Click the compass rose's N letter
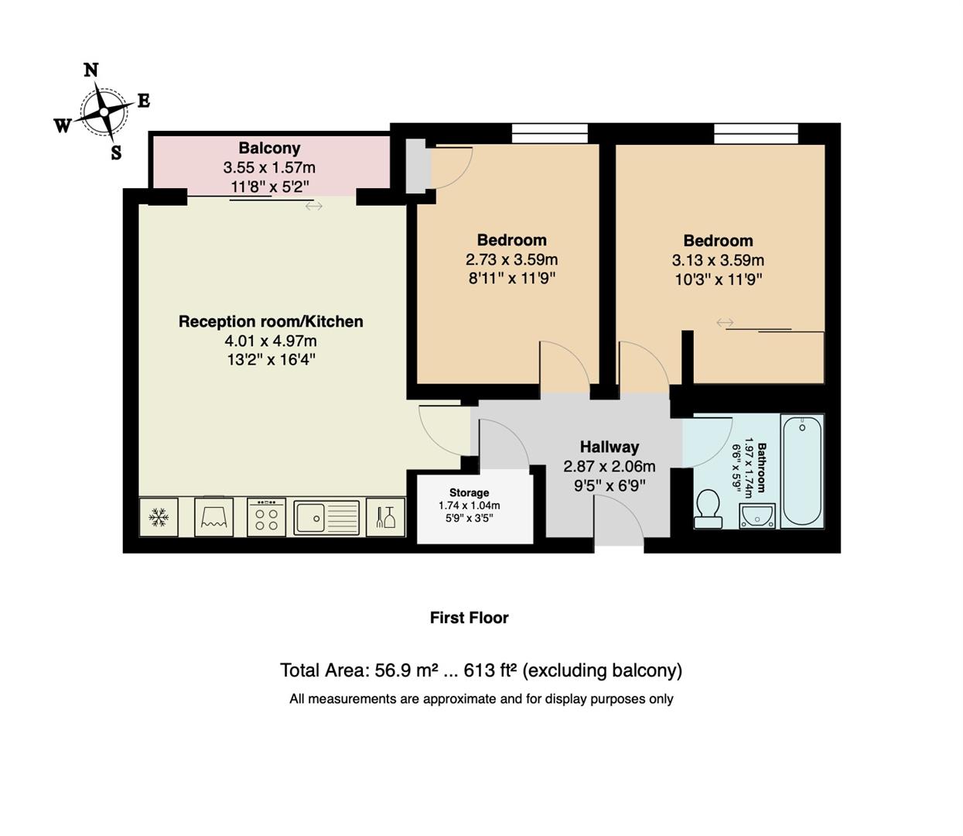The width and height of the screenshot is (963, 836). pyautogui.click(x=91, y=70)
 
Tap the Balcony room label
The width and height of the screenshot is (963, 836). pyautogui.click(x=269, y=148)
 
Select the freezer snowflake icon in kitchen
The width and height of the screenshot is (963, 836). pyautogui.click(x=159, y=517)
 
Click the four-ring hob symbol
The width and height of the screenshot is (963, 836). pyautogui.click(x=267, y=517)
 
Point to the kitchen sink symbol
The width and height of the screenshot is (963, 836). pyautogui.click(x=326, y=517)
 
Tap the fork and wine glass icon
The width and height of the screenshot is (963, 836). pyautogui.click(x=385, y=517)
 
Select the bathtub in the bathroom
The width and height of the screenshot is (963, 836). pyautogui.click(x=802, y=471)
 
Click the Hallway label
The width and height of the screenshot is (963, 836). pyautogui.click(x=610, y=447)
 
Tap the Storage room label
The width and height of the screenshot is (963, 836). pyautogui.click(x=469, y=493)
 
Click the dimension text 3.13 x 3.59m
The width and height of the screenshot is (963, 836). pyautogui.click(x=718, y=260)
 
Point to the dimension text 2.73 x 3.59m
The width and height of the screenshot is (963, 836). pyautogui.click(x=511, y=259)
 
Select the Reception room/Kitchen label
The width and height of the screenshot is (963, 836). pyautogui.click(x=271, y=321)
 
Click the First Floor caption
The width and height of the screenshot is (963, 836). pyautogui.click(x=469, y=618)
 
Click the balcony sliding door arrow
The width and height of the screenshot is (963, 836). pyautogui.click(x=313, y=206)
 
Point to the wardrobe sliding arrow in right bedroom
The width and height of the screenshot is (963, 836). pyautogui.click(x=725, y=323)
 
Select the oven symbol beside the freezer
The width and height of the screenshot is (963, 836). pyautogui.click(x=213, y=517)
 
